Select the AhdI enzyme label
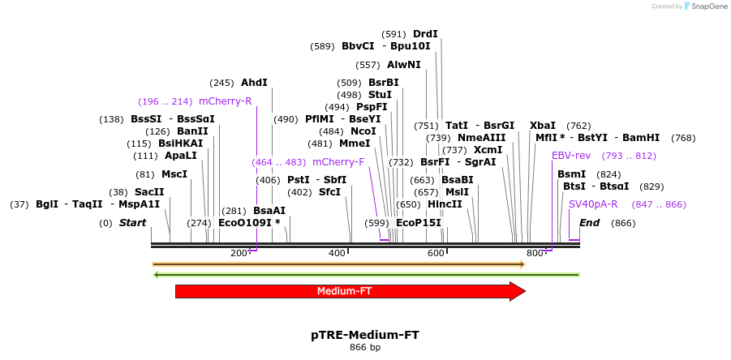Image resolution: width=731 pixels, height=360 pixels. click(254, 83)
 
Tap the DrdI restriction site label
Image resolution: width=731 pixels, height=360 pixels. click(425, 34)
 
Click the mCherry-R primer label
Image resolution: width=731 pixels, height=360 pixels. click(225, 101)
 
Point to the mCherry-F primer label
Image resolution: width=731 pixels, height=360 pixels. click(338, 162)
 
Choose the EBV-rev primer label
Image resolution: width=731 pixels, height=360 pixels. click(571, 156)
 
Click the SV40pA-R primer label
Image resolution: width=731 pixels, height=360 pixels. click(593, 204)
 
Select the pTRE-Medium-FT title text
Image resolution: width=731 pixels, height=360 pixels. click(365, 334)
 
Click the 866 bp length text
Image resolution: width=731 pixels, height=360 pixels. click(365, 348)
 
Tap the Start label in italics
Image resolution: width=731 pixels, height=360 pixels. click(134, 223)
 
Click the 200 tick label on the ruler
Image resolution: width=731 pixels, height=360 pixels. click(239, 254)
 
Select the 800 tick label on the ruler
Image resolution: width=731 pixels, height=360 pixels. click(534, 254)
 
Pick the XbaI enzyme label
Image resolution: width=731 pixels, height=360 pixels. click(542, 126)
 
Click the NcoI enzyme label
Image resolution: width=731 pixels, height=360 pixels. click(363, 131)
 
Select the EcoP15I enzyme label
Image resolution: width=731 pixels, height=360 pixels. click(419, 223)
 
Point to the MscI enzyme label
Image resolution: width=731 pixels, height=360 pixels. click(174, 174)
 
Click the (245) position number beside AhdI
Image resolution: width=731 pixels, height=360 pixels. click(221, 83)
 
